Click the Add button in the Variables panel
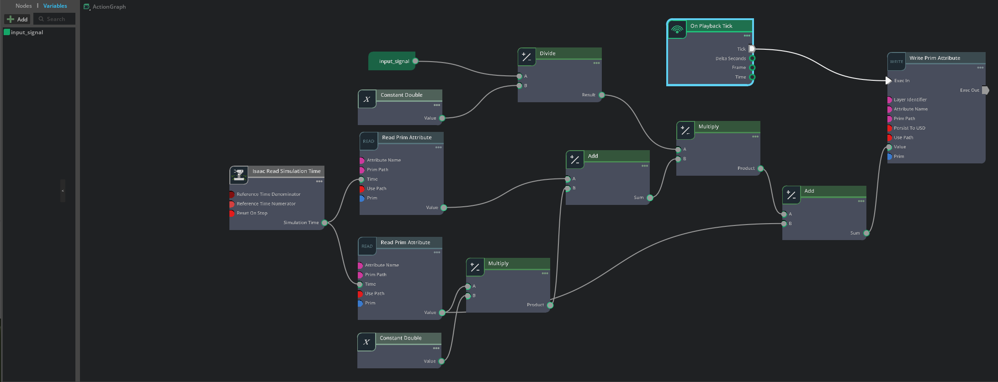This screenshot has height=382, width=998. [17, 19]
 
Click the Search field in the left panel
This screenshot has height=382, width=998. [55, 19]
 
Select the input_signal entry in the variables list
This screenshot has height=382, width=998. [27, 32]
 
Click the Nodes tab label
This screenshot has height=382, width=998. [23, 6]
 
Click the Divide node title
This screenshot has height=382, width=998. [547, 53]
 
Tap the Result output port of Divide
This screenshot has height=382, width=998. [602, 95]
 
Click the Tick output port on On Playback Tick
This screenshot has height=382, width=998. [752, 49]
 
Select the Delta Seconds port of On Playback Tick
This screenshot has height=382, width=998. [752, 58]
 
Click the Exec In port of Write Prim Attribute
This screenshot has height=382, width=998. [888, 81]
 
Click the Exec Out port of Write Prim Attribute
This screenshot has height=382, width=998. [985, 90]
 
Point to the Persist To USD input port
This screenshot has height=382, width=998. [889, 128]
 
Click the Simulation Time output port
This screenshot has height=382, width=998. [324, 223]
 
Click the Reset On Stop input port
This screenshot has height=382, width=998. [232, 213]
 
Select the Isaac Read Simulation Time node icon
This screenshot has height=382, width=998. [239, 174]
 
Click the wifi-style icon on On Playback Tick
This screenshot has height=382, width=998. [677, 30]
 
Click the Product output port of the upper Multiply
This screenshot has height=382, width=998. [760, 168]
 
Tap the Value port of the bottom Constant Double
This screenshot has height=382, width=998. [441, 361]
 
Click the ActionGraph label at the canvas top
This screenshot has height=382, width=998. [109, 7]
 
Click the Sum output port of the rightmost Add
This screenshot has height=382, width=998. [866, 233]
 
